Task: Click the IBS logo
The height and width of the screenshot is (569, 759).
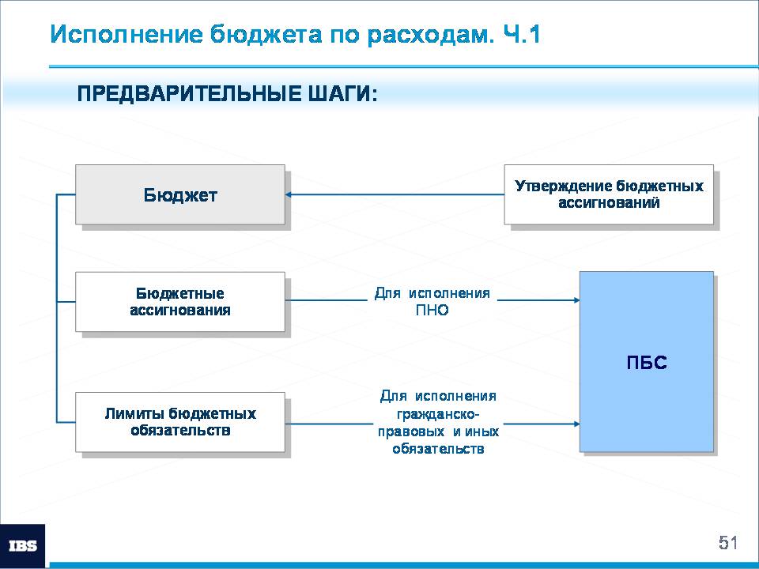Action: [x=23, y=546]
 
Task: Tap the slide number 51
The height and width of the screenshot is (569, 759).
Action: [x=728, y=543]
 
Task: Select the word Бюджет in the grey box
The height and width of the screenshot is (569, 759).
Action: [x=180, y=195]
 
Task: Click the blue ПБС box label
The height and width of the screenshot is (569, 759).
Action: [x=647, y=363]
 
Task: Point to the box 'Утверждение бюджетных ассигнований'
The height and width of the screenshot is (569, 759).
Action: [x=609, y=194]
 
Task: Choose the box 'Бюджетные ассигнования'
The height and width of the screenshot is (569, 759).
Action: [x=180, y=302]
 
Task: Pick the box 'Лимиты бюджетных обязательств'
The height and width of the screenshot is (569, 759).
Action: [x=180, y=422]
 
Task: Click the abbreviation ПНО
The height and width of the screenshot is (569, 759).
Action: [x=432, y=310]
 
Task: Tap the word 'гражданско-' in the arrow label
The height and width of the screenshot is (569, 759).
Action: [x=438, y=414]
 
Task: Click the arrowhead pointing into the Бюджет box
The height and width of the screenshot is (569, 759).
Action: [x=288, y=195]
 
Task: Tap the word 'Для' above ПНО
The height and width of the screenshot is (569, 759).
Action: [x=387, y=293]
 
